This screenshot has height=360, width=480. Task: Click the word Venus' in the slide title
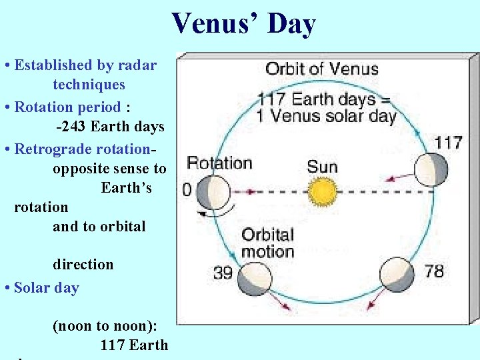point(215,24)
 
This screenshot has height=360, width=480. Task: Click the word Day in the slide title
point(291,25)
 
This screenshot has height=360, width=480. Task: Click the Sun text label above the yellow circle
point(323,165)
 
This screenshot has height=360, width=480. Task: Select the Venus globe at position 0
point(215,192)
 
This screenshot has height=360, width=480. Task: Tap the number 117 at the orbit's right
point(448,142)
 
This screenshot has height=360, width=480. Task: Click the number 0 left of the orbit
point(187,191)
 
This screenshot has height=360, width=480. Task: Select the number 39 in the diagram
point(223,273)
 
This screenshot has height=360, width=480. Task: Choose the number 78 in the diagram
point(433,271)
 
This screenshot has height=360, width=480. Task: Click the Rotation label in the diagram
point(219,163)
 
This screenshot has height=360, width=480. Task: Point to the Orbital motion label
point(267,243)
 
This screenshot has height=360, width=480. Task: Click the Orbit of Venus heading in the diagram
point(322,69)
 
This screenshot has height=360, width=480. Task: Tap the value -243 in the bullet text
point(71,127)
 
